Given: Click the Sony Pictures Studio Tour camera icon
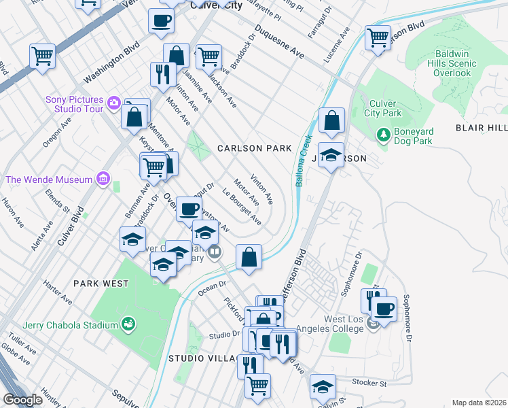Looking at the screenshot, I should coord(113,104).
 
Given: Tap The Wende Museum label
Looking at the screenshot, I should coord(48,180).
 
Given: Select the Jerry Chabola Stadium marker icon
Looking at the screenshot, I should coord(127,324).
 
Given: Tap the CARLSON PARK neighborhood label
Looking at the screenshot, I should coord(254,148).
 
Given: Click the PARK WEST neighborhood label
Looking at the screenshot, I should coord(101,284).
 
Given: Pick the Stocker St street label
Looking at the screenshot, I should coord(369,383).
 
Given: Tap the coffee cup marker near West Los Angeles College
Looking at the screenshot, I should coord(384,309).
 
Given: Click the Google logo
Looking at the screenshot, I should coord(23,400).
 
